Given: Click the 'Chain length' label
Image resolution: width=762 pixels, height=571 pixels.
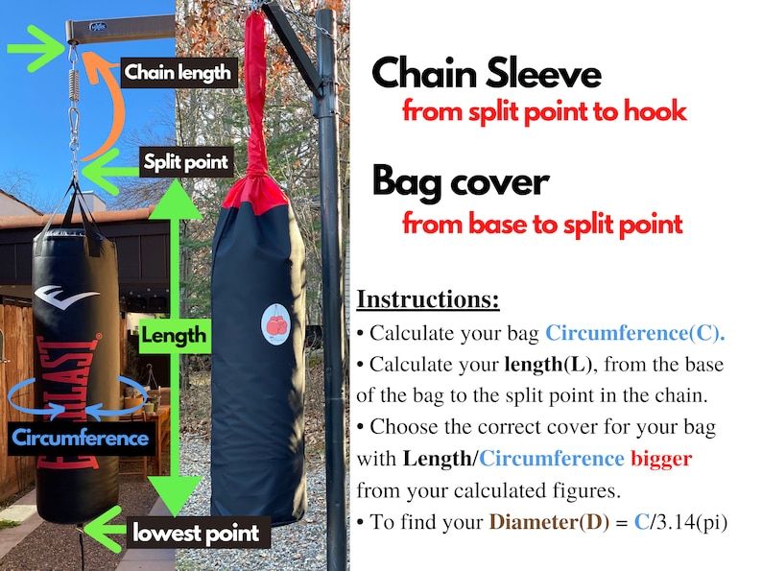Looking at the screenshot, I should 177,71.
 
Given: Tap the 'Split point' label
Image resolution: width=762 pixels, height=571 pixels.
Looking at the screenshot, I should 185,161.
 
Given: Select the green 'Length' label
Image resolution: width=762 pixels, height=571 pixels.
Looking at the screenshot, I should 174,335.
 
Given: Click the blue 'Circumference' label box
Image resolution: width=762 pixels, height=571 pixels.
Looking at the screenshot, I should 81,439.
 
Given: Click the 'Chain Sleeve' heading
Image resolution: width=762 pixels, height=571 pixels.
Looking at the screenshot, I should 487,74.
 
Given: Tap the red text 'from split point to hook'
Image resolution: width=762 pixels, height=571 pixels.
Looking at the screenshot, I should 544,111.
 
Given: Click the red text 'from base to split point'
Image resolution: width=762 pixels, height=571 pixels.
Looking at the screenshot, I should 542,225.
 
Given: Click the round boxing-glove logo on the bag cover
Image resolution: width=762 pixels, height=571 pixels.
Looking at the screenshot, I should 275,326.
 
